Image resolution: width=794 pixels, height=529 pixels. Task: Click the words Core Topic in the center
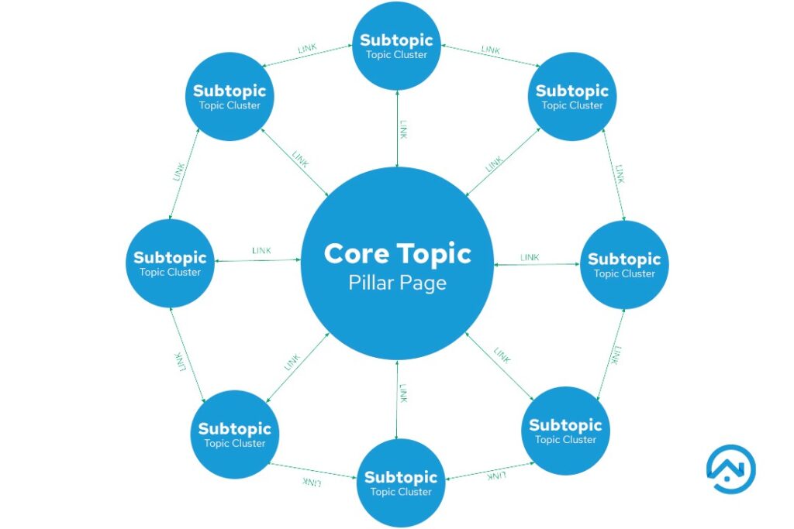[397, 253]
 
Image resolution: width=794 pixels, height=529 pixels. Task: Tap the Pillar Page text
[397, 283]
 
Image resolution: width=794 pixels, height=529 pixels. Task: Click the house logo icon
[730, 469]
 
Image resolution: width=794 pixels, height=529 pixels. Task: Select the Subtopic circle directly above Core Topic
[396, 46]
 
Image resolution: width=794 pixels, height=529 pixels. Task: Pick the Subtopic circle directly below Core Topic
[399, 483]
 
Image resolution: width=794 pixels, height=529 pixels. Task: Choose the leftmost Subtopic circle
[170, 263]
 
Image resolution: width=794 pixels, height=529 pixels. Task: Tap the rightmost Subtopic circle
[624, 264]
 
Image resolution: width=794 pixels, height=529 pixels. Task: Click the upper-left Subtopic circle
[230, 97]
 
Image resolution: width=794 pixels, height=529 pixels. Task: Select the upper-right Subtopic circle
[572, 97]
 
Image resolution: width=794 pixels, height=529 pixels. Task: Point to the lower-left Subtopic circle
[234, 435]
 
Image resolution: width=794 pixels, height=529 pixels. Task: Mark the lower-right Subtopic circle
[565, 431]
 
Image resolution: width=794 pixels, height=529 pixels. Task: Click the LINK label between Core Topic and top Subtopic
[403, 129]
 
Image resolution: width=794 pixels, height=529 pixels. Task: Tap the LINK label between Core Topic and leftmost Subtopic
[261, 250]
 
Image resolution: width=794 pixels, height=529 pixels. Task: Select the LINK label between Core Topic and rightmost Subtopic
[530, 256]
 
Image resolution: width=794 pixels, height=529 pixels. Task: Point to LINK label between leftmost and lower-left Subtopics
[180, 360]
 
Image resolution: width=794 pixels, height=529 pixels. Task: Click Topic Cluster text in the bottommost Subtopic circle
[399, 492]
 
